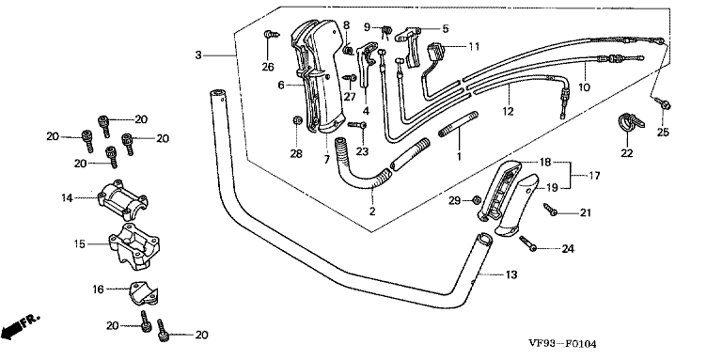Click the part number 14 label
click(x=67, y=197)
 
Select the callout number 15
click(x=79, y=243)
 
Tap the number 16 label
click(x=98, y=289)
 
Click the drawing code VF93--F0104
click(x=562, y=344)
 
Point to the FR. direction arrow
click(x=21, y=326)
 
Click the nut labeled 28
click(x=297, y=120)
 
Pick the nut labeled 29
click(x=476, y=200)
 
